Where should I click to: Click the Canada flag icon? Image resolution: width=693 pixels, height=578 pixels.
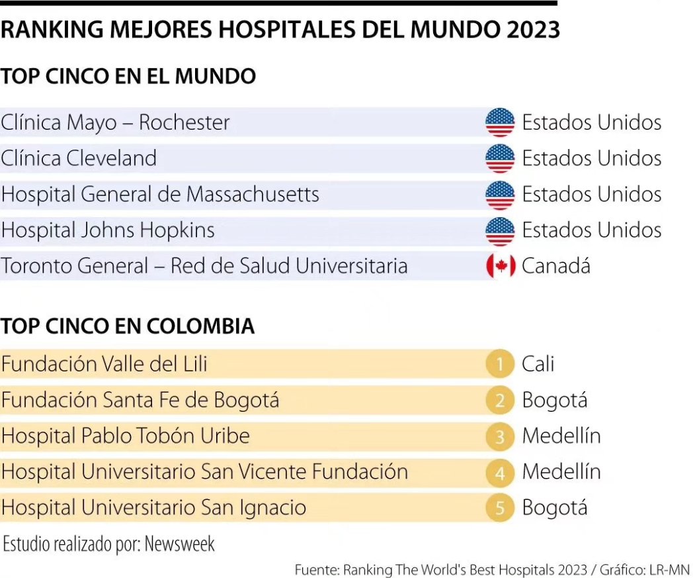[501, 266]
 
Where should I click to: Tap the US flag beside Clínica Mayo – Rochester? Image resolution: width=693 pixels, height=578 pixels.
[500, 122]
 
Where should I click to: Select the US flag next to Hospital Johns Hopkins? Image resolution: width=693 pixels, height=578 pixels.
[500, 230]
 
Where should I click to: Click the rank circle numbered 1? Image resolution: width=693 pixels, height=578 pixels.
[501, 364]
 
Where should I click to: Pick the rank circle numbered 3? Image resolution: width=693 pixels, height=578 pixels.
[501, 436]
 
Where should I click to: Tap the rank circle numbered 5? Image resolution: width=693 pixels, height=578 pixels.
[501, 508]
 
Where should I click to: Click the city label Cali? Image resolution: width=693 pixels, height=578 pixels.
[538, 364]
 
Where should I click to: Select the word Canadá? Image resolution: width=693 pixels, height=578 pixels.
[555, 266]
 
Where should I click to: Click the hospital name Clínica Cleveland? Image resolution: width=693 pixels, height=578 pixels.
[79, 158]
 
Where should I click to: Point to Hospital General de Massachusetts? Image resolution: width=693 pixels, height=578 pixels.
[160, 194]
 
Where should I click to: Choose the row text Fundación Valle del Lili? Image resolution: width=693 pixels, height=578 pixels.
[104, 364]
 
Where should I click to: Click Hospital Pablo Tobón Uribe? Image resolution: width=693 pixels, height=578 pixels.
[126, 436]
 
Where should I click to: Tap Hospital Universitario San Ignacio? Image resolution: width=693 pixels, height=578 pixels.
[153, 508]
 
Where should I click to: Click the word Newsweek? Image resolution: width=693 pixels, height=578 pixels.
[180, 544]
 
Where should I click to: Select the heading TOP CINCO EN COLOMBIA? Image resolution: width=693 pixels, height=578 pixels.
[128, 326]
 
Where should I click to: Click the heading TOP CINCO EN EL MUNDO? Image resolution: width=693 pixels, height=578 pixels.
[128, 76]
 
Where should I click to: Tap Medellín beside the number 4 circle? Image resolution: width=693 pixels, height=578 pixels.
[561, 472]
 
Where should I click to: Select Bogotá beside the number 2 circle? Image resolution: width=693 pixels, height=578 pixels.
[554, 400]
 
